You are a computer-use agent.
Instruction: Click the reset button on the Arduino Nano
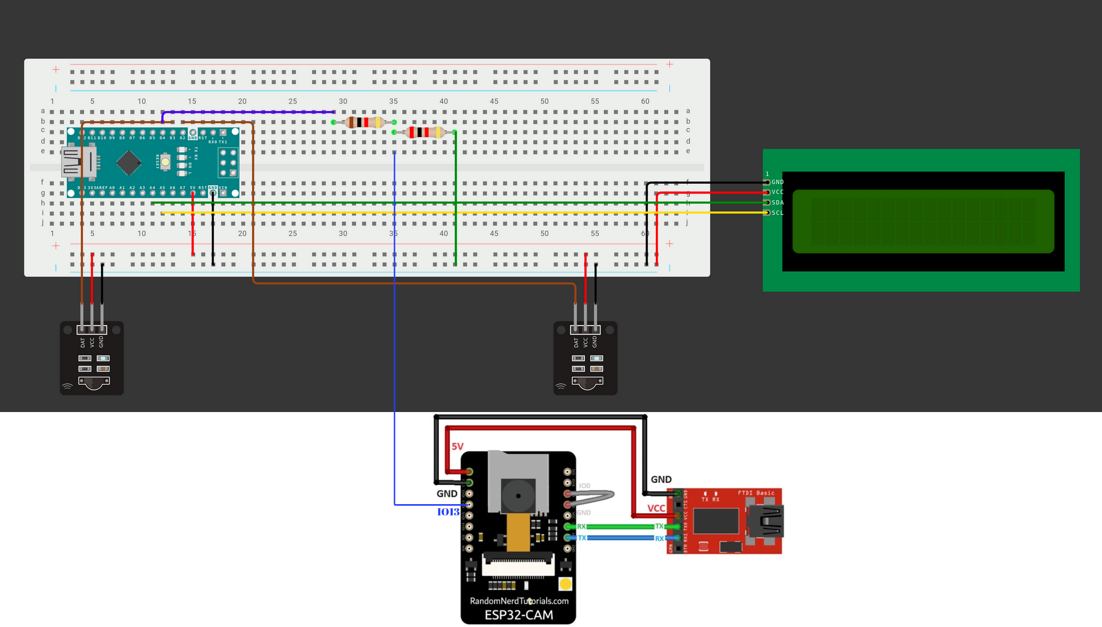[165, 162]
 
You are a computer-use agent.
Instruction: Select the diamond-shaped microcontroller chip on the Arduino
[129, 163]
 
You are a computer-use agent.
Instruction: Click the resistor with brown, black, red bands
[364, 122]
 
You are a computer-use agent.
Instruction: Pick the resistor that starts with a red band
[425, 133]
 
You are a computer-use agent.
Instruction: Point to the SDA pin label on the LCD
[777, 203]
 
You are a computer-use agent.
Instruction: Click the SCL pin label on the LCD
[777, 213]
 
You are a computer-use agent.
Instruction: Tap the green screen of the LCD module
[923, 222]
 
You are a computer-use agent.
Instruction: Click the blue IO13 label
[448, 512]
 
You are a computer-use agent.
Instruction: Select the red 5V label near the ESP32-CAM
[457, 447]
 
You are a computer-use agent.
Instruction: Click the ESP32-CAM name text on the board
[519, 615]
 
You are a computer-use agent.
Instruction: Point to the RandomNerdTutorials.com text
[519, 601]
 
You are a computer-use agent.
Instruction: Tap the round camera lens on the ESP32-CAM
[518, 495]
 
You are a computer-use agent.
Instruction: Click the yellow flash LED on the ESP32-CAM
[565, 584]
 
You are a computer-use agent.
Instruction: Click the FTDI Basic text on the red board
[756, 493]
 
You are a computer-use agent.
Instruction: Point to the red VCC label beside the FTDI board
[656, 508]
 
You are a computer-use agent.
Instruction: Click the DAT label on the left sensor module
[82, 342]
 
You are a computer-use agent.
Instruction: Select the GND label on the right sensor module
[595, 341]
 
